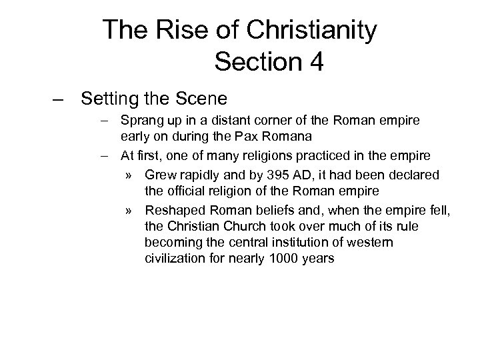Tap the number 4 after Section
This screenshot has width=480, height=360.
(x=315, y=62)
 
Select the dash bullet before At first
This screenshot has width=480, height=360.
(x=107, y=156)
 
